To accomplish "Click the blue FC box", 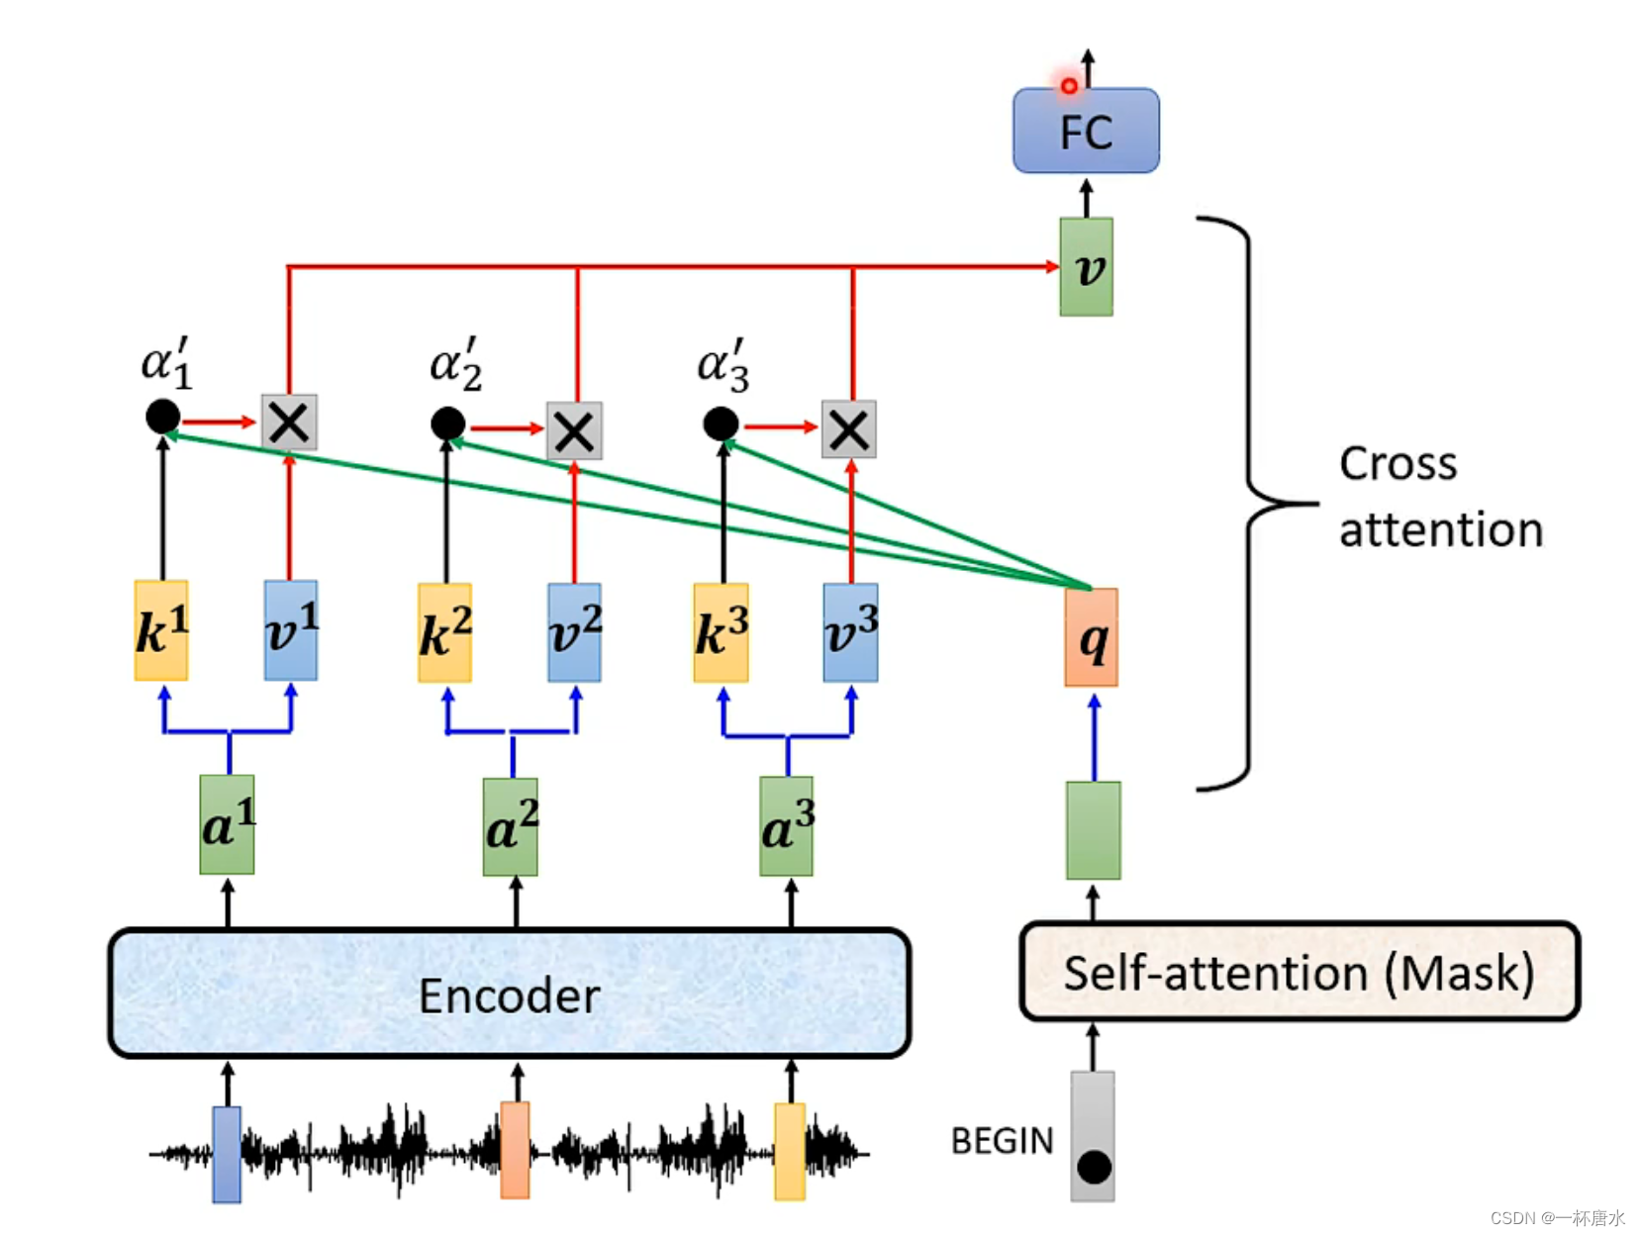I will point(1086,132).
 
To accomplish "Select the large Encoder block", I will point(509,994).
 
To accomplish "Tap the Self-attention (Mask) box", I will point(1299,972).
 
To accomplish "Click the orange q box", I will point(1092,638).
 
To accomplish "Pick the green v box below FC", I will point(1087,267).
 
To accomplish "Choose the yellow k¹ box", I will point(161,630).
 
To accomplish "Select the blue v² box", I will point(574,631).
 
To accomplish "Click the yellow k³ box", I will point(721,631).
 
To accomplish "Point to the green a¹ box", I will point(228,824).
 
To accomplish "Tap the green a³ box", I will point(787,826).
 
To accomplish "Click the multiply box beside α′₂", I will point(574,431).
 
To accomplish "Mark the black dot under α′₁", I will point(163,417).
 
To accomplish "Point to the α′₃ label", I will point(723,365).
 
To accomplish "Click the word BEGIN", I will point(1002,1141).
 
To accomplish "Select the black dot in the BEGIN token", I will point(1094,1167).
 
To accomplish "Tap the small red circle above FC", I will point(1069,86).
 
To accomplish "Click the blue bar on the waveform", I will point(227,1154).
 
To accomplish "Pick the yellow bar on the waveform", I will point(790,1151).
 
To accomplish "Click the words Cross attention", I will point(1440,497).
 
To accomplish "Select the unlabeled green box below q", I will point(1094,830).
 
